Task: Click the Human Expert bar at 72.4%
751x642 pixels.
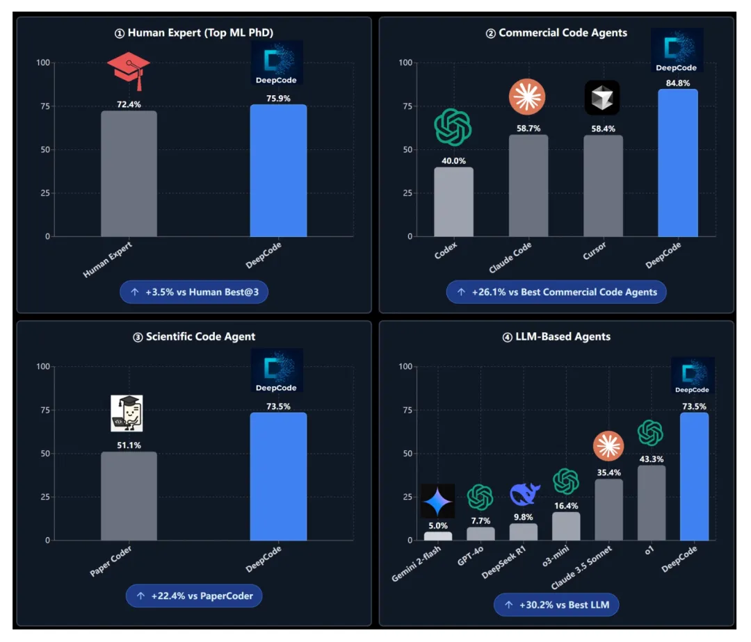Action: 129,174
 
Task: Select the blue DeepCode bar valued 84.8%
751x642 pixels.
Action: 677,163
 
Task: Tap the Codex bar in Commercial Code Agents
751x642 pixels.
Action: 453,201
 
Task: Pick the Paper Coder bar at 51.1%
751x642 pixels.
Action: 129,496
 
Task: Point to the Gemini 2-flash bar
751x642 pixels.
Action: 438,536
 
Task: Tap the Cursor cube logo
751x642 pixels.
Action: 601,97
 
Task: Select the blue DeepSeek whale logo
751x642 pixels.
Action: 524,495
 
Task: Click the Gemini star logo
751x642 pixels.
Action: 438,501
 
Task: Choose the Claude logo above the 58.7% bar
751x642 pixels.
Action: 527,97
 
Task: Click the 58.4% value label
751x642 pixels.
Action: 602,129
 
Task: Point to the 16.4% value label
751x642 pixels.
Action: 566,506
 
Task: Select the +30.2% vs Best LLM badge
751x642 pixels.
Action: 556,605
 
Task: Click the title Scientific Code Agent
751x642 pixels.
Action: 194,337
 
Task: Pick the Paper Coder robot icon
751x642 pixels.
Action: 127,413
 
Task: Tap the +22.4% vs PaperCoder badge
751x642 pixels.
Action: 194,595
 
